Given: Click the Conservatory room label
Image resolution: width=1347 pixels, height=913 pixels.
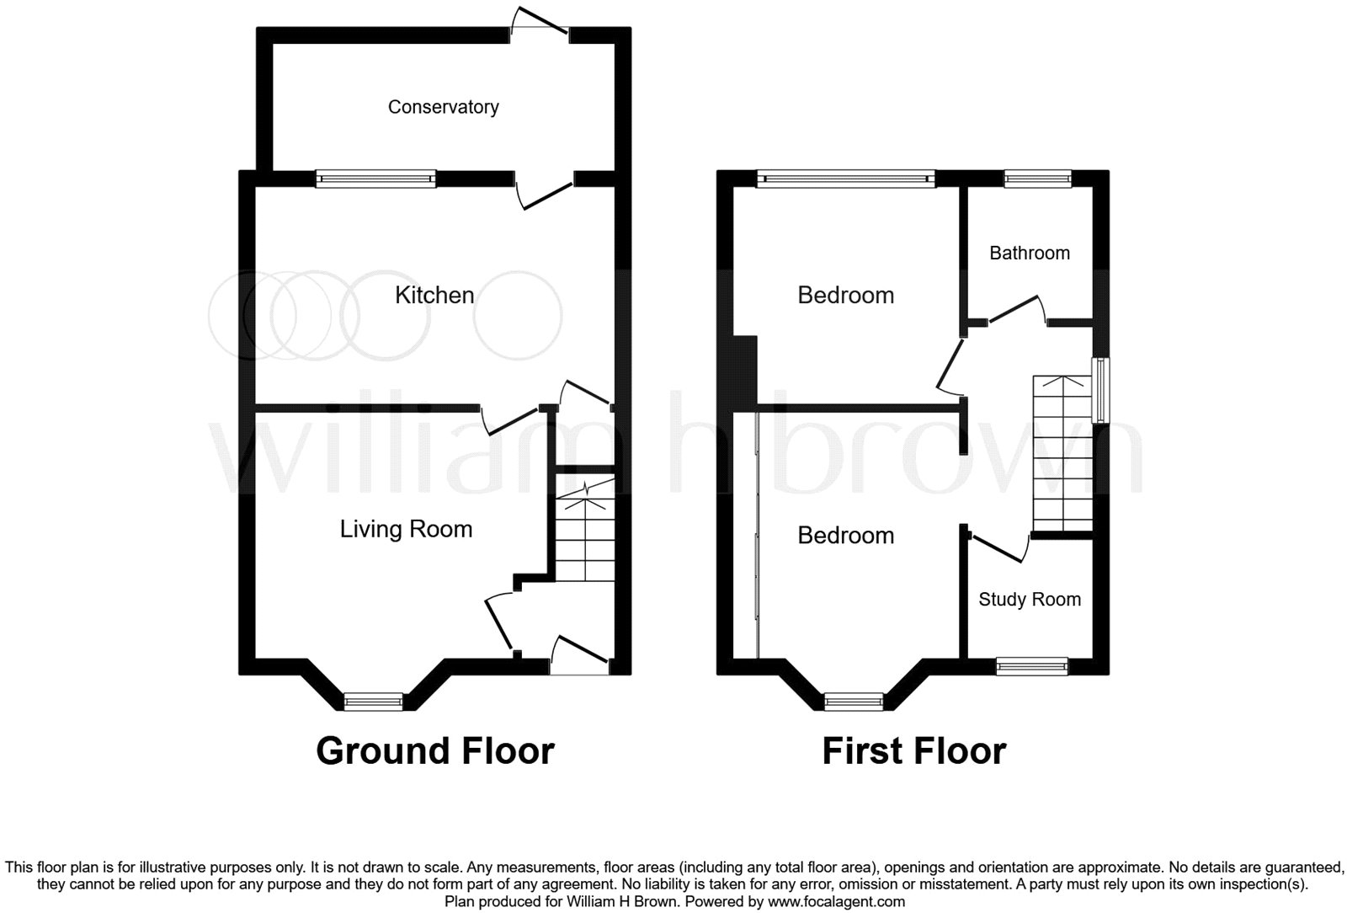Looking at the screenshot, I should (443, 107).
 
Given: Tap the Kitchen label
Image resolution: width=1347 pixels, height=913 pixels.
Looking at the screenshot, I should (434, 295).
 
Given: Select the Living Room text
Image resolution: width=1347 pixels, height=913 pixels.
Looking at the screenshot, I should (406, 529).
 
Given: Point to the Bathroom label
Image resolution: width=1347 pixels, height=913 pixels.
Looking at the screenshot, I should (1029, 253).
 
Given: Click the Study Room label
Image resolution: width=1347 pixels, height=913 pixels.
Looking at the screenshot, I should (1029, 600).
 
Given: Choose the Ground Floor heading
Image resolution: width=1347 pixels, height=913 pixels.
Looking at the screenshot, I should (434, 750).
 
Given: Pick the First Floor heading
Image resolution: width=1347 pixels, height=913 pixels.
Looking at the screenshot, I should (913, 750).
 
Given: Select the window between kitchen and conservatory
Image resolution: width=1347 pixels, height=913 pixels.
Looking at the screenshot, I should (375, 178).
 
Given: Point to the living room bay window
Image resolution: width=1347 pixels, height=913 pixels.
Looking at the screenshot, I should (374, 701).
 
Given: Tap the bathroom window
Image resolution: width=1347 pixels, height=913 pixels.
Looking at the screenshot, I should (1037, 178).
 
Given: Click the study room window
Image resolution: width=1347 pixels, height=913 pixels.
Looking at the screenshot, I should (1031, 667).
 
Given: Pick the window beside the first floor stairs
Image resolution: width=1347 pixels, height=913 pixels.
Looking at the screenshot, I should (1100, 390).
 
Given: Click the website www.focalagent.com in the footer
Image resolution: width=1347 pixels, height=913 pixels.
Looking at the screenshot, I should (833, 901).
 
